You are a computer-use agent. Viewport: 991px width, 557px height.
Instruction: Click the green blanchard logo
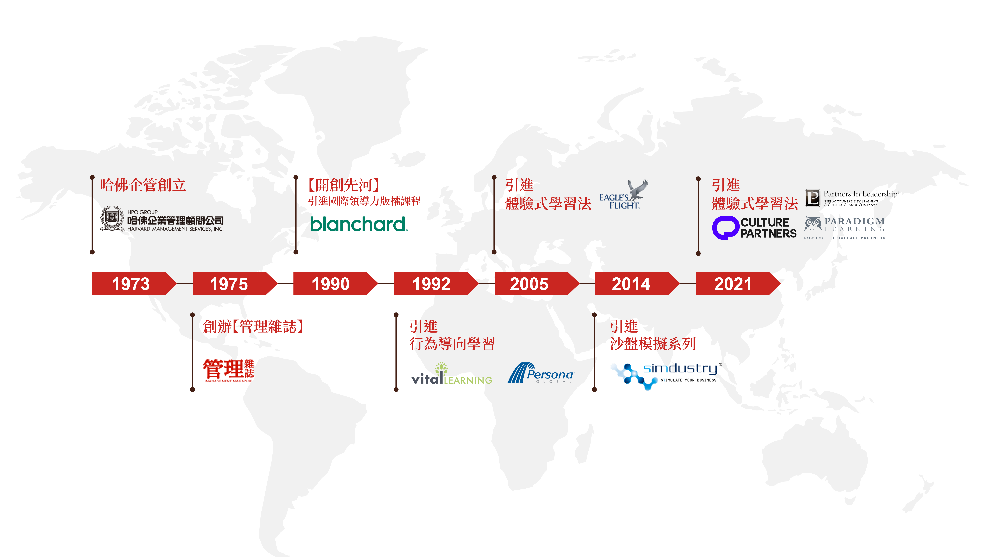coord(359,224)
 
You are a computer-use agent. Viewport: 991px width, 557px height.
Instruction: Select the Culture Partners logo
coord(754,228)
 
